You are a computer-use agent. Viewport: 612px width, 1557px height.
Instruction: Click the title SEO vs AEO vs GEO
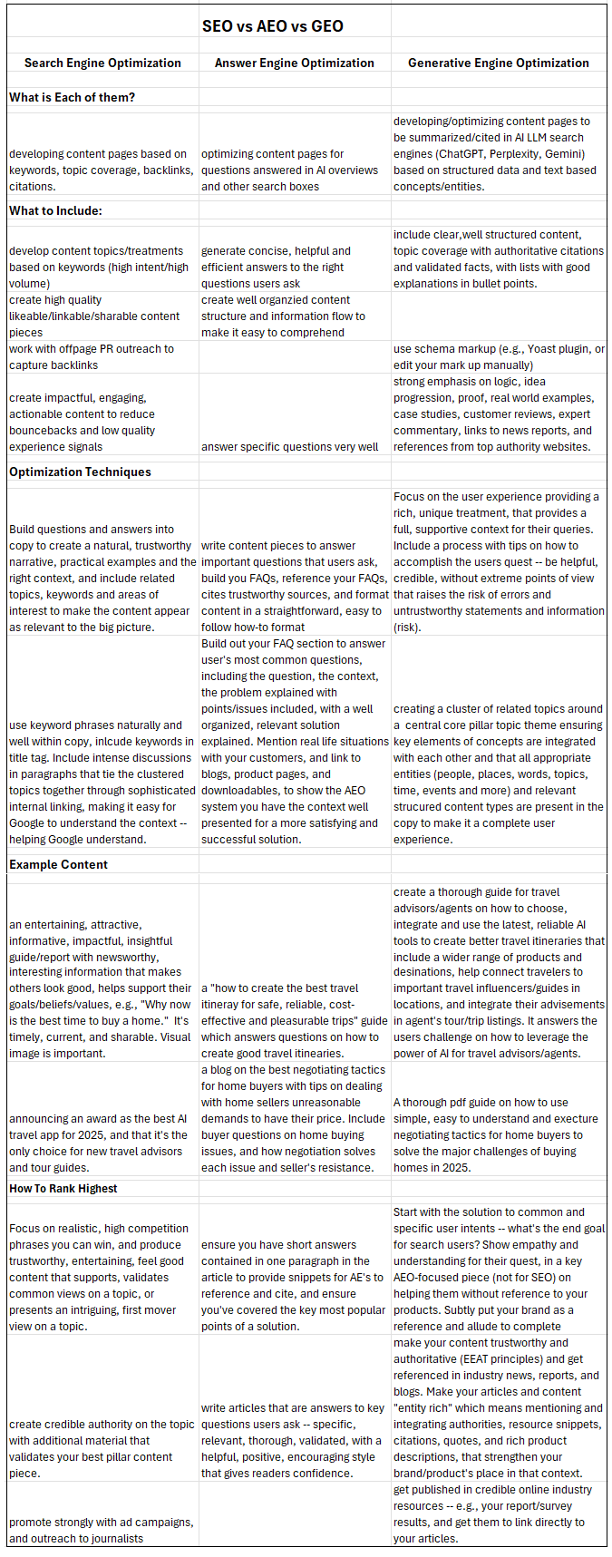point(272,25)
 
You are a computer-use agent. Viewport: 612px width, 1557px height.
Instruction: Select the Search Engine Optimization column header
point(102,63)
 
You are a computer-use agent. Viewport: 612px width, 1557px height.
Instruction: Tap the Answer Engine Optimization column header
point(294,63)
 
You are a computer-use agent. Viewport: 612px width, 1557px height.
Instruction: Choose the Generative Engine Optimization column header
point(498,63)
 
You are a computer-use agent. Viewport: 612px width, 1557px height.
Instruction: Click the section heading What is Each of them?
point(72,97)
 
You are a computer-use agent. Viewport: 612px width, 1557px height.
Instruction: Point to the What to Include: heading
point(55,210)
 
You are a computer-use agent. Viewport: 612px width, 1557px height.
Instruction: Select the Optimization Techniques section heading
point(80,472)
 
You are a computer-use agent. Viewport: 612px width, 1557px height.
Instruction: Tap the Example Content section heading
point(58,864)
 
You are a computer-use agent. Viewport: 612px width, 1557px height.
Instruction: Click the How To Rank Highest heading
point(63,1188)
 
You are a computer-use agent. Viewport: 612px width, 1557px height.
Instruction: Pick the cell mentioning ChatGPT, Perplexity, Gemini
point(498,153)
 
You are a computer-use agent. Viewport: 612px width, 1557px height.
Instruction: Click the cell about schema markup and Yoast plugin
point(498,357)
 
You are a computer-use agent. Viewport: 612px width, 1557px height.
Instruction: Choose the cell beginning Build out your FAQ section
point(295,741)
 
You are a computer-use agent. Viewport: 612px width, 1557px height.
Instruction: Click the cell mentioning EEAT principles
point(498,1407)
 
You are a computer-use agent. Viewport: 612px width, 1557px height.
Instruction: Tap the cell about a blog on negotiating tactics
point(295,1118)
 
